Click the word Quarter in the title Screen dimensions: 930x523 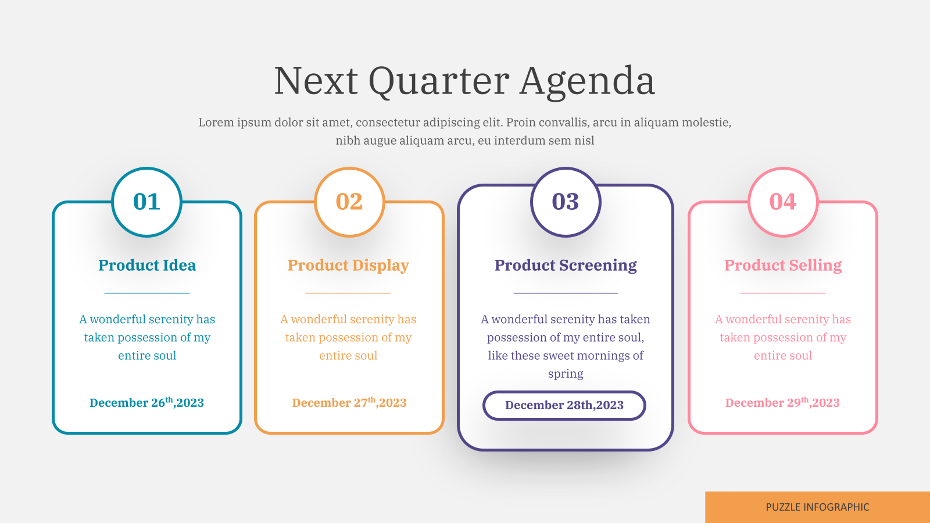[439, 82]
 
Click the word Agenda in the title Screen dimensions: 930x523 [588, 82]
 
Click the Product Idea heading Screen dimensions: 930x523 [147, 265]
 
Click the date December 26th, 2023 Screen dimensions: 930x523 [146, 402]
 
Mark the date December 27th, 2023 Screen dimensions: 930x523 [349, 402]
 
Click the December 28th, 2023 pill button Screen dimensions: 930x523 [564, 406]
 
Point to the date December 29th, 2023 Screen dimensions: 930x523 [782, 402]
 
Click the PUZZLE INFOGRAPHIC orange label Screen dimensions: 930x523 [817, 507]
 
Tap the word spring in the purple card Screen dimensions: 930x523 [566, 374]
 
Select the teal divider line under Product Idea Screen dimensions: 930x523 [147, 293]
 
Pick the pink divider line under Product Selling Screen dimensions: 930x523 [783, 293]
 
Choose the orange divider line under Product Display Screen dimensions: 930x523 [348, 293]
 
